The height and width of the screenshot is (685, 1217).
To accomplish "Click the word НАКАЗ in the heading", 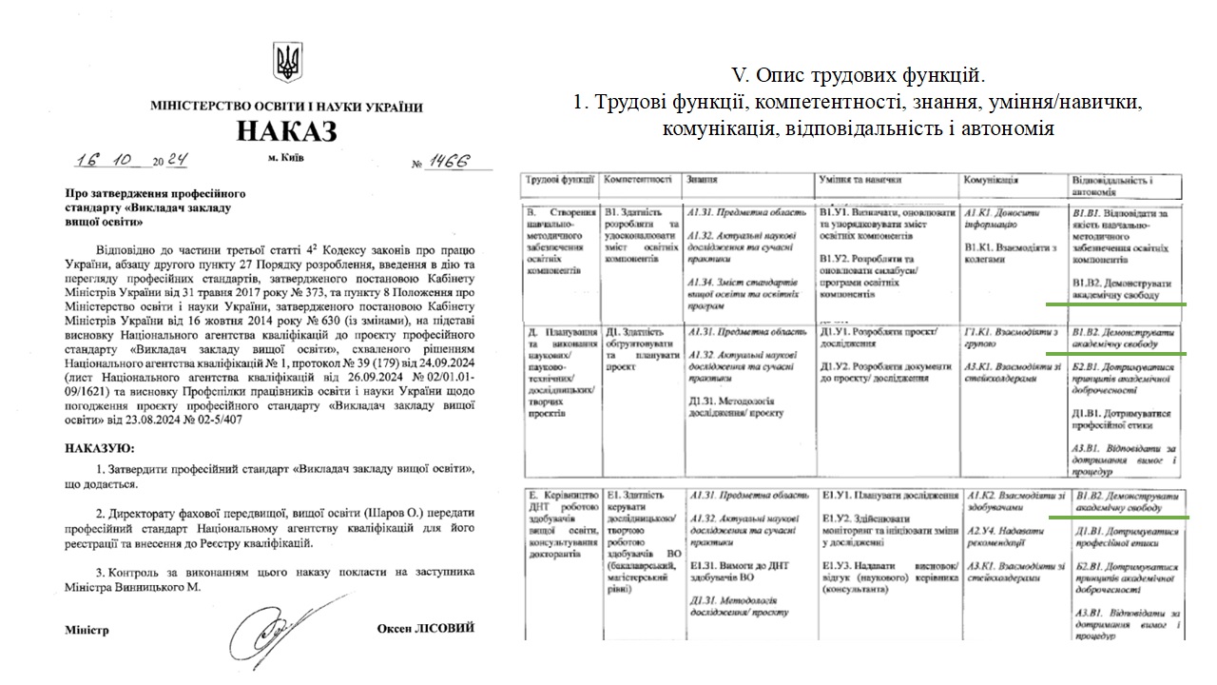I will pyautogui.click(x=286, y=131).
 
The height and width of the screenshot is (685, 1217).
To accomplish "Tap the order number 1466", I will pyautogui.click(x=448, y=163).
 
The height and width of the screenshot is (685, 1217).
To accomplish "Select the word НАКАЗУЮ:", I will pyautogui.click(x=100, y=447).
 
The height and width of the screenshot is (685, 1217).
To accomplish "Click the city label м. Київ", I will pyautogui.click(x=286, y=158).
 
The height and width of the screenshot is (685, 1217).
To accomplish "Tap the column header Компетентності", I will pyautogui.click(x=638, y=179).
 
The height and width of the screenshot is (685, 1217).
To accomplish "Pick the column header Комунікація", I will pyautogui.click(x=991, y=179).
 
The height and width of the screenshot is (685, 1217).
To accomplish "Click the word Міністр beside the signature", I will pyautogui.click(x=87, y=630).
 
